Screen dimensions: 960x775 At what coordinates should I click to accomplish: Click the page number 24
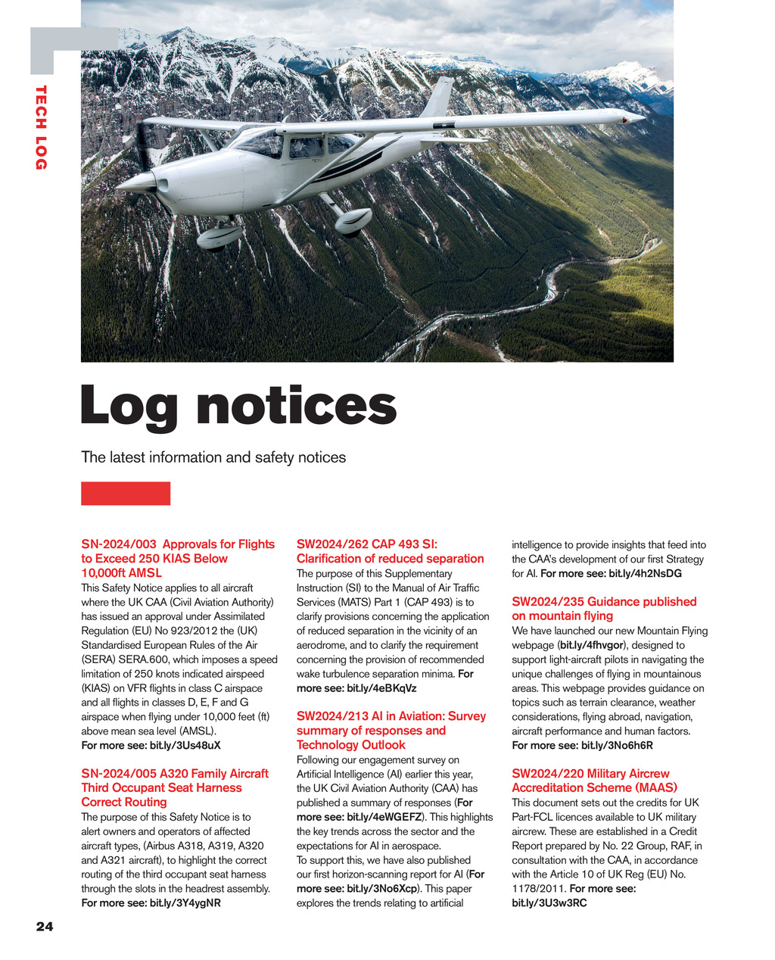(45, 927)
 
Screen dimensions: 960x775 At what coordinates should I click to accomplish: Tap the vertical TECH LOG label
(41, 127)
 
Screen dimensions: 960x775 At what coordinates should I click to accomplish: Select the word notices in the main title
(297, 406)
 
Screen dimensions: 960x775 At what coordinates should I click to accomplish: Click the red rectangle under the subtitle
(126, 493)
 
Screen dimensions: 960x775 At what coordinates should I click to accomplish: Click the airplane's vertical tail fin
(439, 98)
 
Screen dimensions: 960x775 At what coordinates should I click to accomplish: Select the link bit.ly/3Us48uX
(185, 746)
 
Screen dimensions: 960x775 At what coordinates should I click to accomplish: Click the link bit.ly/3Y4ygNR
(185, 903)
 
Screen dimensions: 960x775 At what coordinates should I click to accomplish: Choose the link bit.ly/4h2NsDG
(645, 574)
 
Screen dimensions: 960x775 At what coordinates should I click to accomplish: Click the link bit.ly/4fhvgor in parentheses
(592, 645)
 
